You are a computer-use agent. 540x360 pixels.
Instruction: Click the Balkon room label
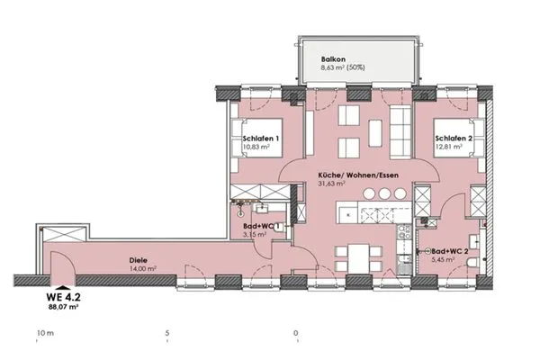pyautogui.click(x=333, y=59)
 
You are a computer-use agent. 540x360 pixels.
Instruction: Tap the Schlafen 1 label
pyautogui.click(x=261, y=139)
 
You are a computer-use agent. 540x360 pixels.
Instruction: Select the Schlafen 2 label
pyautogui.click(x=454, y=139)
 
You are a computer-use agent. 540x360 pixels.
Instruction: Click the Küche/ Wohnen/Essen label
pyautogui.click(x=358, y=175)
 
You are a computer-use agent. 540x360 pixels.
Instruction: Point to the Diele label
pyautogui.click(x=139, y=260)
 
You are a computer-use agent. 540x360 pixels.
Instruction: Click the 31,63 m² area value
pyautogui.click(x=331, y=184)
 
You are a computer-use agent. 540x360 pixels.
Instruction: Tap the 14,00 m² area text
pyautogui.click(x=143, y=269)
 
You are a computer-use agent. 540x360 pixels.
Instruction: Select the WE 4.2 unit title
pyautogui.click(x=63, y=297)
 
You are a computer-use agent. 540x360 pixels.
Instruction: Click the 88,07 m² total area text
pyautogui.click(x=63, y=306)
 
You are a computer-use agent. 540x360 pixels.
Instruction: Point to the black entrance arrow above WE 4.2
pyautogui.click(x=63, y=288)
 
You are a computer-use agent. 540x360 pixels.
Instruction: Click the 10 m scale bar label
pyautogui.click(x=46, y=333)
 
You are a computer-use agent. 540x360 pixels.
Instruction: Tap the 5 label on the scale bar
pyautogui.click(x=167, y=333)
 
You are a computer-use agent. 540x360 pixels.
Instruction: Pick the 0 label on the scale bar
pyautogui.click(x=296, y=333)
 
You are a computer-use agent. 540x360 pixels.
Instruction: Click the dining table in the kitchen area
pyautogui.click(x=358, y=258)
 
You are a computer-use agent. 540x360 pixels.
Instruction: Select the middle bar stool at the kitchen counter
pyautogui.click(x=384, y=194)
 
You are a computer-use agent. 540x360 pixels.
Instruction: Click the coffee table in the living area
pyautogui.click(x=375, y=133)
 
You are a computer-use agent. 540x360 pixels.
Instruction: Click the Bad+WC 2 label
pyautogui.click(x=449, y=251)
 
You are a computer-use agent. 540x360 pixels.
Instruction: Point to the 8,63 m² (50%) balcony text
pyautogui.click(x=343, y=67)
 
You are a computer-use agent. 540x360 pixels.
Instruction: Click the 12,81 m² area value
pyautogui.click(x=448, y=147)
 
